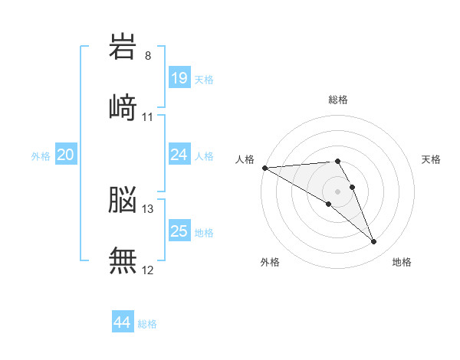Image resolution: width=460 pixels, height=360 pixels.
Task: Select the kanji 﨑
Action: pyautogui.click(x=123, y=106)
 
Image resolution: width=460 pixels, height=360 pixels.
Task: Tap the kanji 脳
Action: pyautogui.click(x=123, y=199)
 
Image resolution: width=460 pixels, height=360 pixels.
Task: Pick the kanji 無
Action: pyautogui.click(x=123, y=260)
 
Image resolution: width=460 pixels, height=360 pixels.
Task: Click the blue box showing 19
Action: pyautogui.click(x=179, y=78)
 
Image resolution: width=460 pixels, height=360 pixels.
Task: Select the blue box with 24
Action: pyautogui.click(x=179, y=155)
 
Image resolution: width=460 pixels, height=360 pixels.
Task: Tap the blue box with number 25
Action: pyautogui.click(x=179, y=231)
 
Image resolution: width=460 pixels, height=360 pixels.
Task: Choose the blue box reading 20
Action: pyautogui.click(x=65, y=155)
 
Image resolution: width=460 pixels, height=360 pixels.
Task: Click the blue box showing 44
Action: pyautogui.click(x=122, y=322)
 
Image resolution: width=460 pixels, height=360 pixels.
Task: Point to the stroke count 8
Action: pyautogui.click(x=148, y=56)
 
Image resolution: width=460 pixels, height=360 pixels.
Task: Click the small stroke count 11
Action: pyautogui.click(x=148, y=116)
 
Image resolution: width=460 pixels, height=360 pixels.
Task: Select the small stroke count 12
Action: pyautogui.click(x=148, y=270)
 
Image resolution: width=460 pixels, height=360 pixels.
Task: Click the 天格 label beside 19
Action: pyautogui.click(x=203, y=80)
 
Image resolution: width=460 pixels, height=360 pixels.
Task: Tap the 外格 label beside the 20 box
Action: pyautogui.click(x=41, y=156)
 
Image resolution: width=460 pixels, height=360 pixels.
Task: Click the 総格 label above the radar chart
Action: pyautogui.click(x=337, y=100)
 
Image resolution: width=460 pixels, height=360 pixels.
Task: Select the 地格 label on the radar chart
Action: pyautogui.click(x=402, y=262)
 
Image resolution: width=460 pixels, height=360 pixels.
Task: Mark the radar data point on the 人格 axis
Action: pyautogui.click(x=264, y=168)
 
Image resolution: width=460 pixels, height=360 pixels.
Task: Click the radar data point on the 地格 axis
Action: pyautogui.click(x=374, y=242)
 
